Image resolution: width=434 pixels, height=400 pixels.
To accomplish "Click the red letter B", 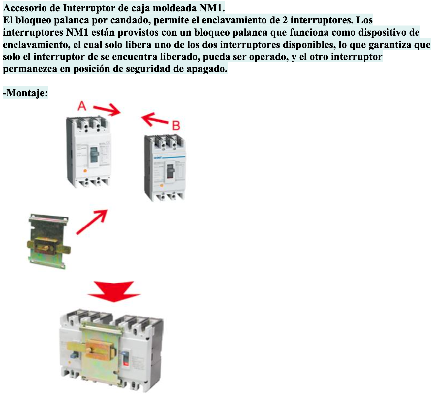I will tap(176, 126).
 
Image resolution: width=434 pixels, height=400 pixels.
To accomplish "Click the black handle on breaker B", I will tap(170, 170).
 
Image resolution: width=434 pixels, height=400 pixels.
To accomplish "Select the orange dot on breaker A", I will tap(85, 171).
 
